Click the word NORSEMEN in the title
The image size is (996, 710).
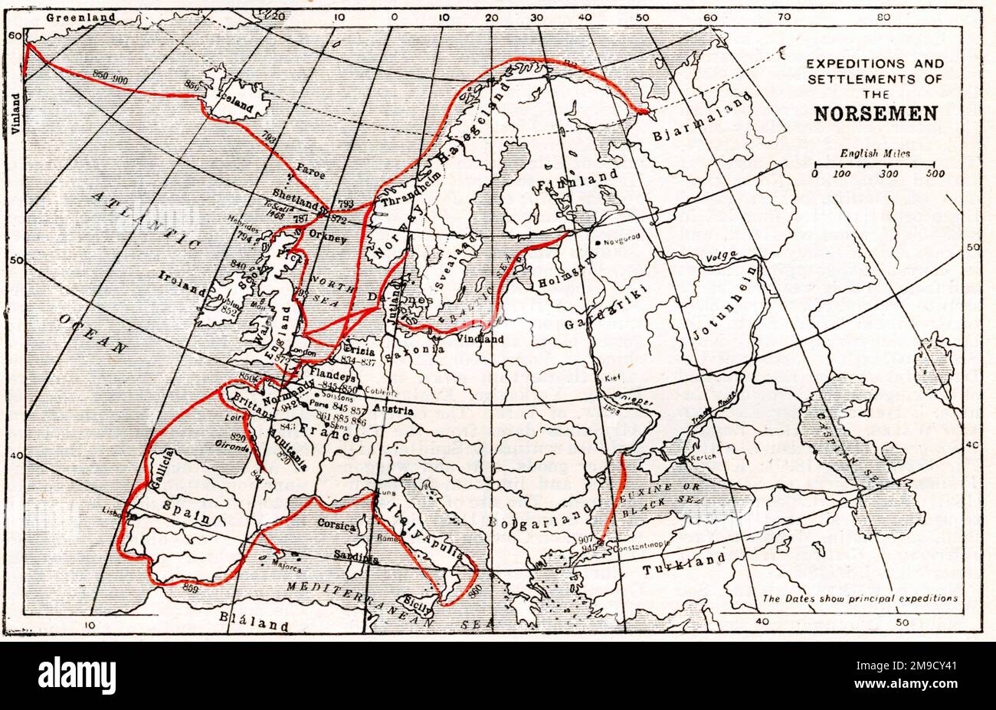coord(875,114)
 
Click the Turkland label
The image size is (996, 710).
coord(683,564)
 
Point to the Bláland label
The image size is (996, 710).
coord(254,622)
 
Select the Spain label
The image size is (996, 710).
coord(187,511)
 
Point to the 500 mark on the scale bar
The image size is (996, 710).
coord(935,175)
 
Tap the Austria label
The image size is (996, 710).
coord(393,410)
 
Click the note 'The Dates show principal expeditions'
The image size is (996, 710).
coord(859,598)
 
